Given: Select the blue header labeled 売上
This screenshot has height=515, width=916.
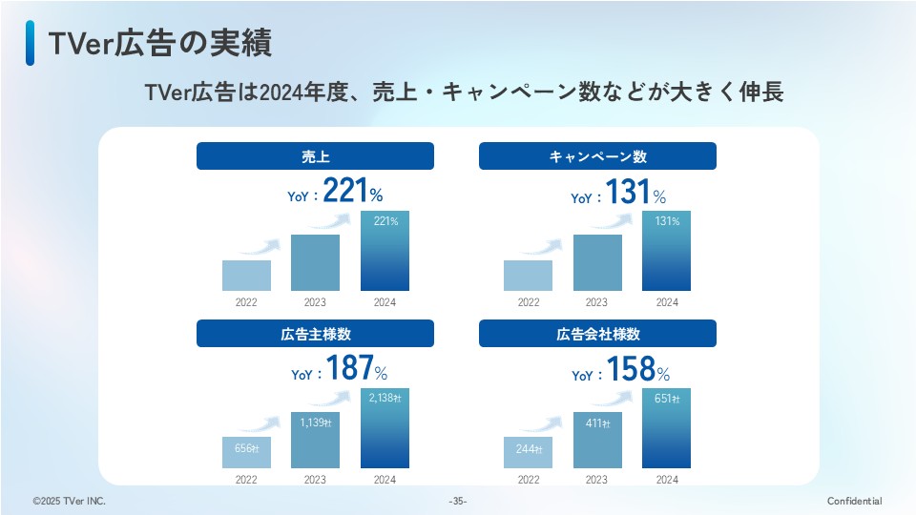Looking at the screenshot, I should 315,156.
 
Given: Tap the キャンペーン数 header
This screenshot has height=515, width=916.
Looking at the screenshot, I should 597,156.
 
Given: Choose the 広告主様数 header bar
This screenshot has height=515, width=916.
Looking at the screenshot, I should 315,334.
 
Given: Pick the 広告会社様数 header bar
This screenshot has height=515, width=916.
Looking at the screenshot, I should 597,334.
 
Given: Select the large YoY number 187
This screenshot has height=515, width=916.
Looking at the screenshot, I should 348,369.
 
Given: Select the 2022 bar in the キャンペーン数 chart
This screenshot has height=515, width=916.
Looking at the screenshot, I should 528,276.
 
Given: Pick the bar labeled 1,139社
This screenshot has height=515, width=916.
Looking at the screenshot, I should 315,441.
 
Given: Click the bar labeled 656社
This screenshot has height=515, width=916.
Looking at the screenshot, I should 246,454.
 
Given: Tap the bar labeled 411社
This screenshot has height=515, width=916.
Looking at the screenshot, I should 597,441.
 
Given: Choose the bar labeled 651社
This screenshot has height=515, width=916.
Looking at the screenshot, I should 666,434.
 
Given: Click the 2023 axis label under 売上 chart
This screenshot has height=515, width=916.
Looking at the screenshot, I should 315,302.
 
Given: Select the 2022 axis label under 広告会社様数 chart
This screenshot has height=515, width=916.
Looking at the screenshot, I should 528,480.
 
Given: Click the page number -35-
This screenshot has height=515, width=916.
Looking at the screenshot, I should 458,502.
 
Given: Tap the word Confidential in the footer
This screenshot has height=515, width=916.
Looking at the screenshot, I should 854,502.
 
